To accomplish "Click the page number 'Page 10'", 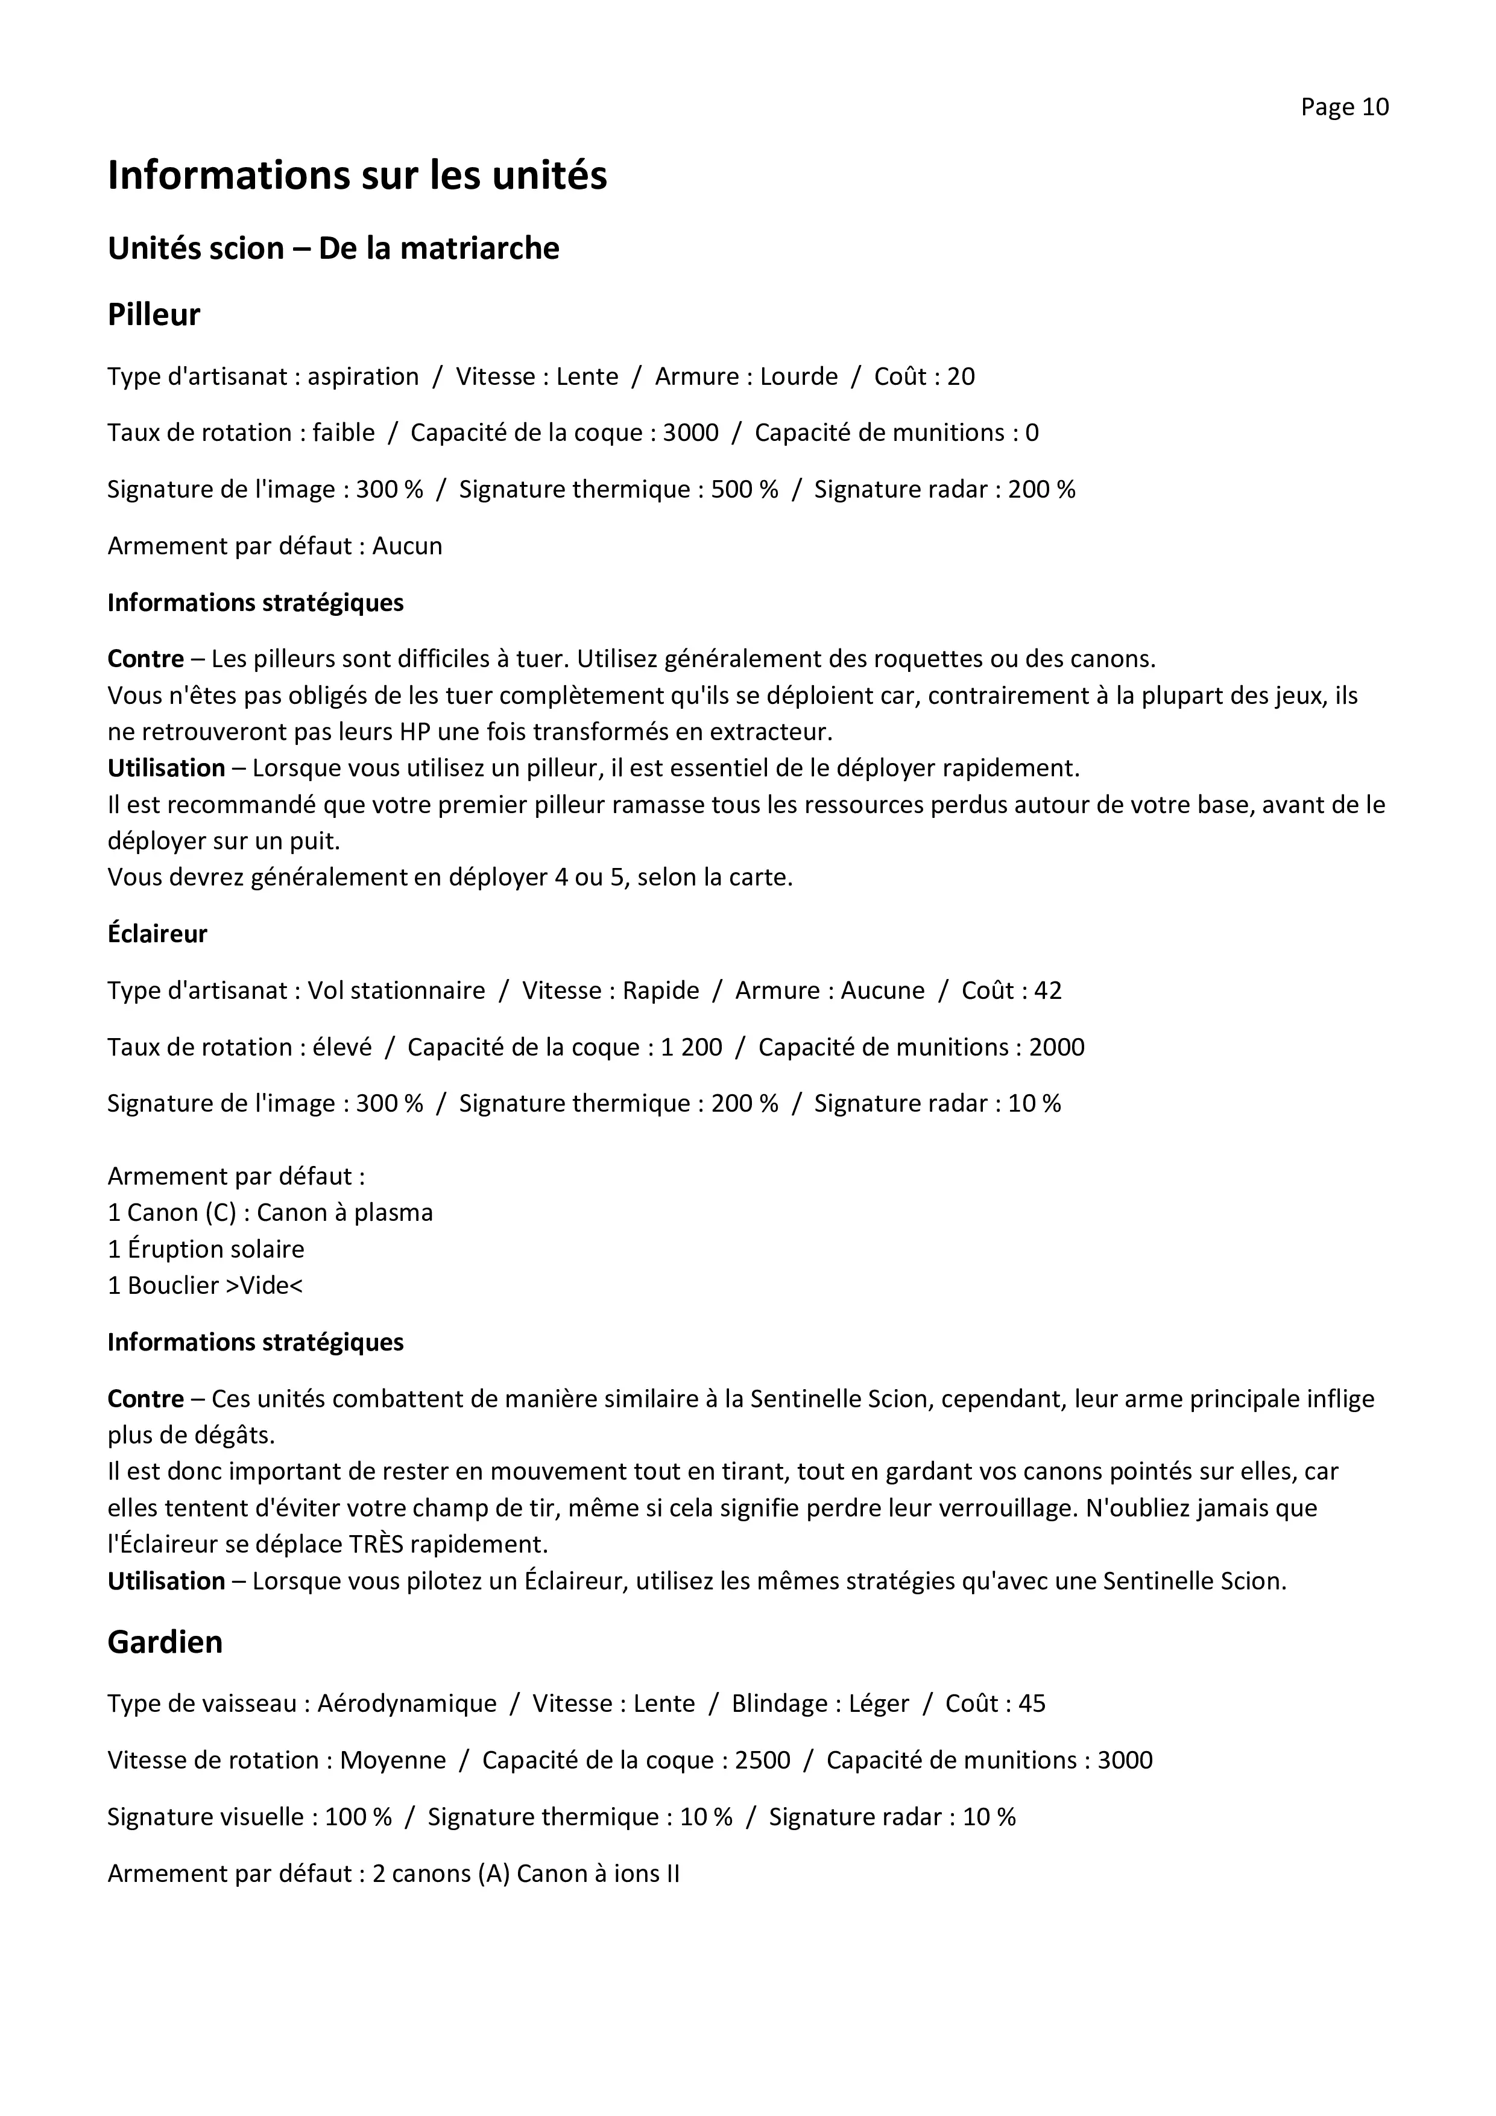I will pos(1344,108).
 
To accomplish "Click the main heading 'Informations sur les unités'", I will pos(358,175).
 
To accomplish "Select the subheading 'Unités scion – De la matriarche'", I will pos(333,249).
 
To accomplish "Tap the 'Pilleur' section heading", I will pos(154,315).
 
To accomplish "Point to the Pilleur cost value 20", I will pos(961,377).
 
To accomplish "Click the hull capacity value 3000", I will pos(691,433).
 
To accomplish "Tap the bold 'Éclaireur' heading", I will pos(157,934).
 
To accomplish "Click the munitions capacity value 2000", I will pos(1056,1048).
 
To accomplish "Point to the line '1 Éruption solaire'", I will pos(206,1250).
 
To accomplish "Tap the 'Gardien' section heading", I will pos(165,1642).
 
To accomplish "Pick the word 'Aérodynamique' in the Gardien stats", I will pos(407,1704).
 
